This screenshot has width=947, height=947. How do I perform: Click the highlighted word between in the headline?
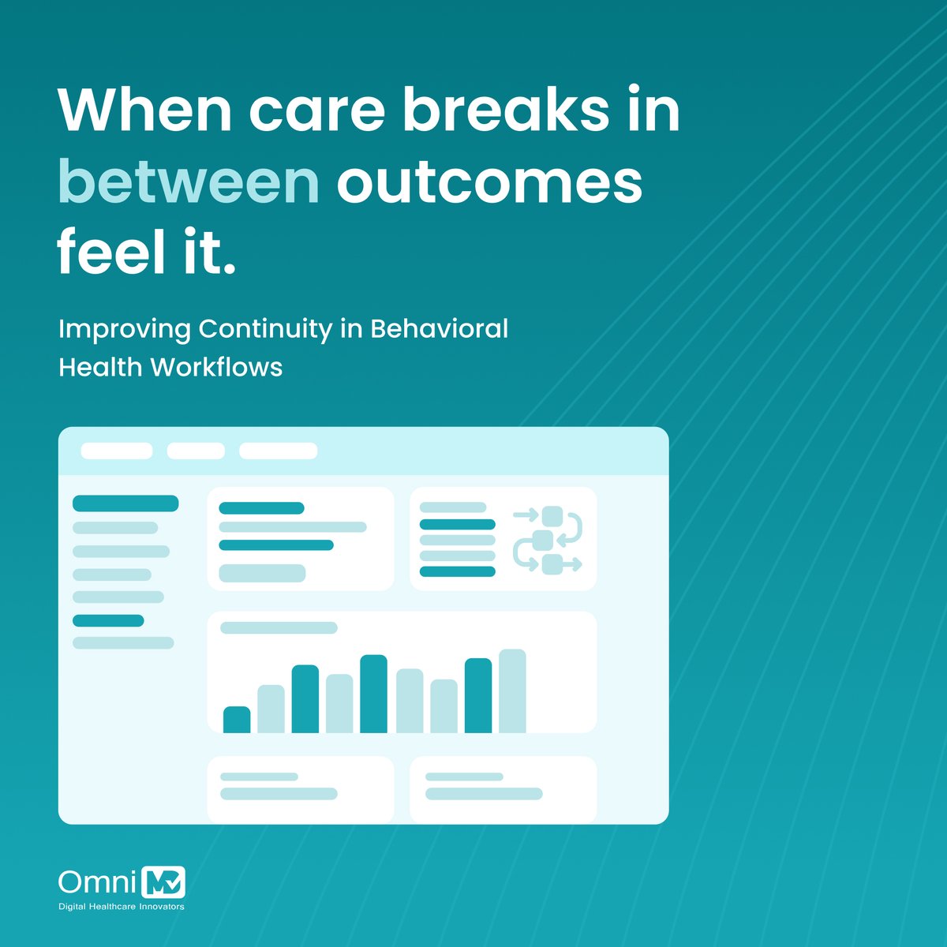tap(188, 182)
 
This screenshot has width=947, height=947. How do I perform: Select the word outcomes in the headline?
tap(489, 182)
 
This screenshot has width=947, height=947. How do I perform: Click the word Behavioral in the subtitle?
tap(439, 328)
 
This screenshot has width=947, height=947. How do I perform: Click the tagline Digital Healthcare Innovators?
tap(122, 907)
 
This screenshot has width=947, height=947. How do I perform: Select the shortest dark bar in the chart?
tap(237, 720)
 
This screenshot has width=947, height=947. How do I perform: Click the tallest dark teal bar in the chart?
tap(373, 694)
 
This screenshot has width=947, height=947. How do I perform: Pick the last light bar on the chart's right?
tap(512, 691)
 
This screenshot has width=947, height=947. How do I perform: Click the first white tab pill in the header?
tap(117, 451)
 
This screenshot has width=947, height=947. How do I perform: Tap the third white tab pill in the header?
tap(278, 451)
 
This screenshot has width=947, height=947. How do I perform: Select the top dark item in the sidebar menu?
tap(125, 503)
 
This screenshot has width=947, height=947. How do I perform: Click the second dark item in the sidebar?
tap(108, 621)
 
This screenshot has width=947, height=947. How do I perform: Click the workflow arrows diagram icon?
tap(548, 540)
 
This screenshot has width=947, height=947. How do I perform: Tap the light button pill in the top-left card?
tap(262, 574)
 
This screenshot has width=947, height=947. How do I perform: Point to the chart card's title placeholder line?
tap(279, 628)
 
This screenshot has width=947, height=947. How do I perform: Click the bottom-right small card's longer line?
tap(484, 794)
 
